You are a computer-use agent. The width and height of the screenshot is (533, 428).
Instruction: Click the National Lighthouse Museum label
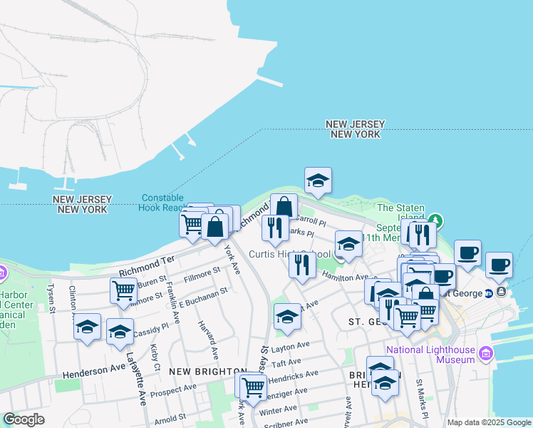tap(430, 355)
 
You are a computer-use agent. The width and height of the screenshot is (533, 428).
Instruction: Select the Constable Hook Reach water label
tap(162, 203)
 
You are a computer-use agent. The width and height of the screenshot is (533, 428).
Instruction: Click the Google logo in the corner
tap(24, 419)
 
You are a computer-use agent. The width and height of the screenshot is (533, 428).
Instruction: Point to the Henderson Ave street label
tap(93, 372)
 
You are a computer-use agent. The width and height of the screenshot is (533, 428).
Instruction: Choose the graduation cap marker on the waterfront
tap(318, 181)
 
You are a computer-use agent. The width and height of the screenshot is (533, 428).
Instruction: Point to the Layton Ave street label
tap(290, 345)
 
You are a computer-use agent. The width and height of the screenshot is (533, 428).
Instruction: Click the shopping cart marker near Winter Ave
tap(253, 387)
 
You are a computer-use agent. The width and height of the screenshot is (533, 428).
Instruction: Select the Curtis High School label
tap(289, 255)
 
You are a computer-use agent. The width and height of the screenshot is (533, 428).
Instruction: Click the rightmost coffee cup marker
tap(499, 264)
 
